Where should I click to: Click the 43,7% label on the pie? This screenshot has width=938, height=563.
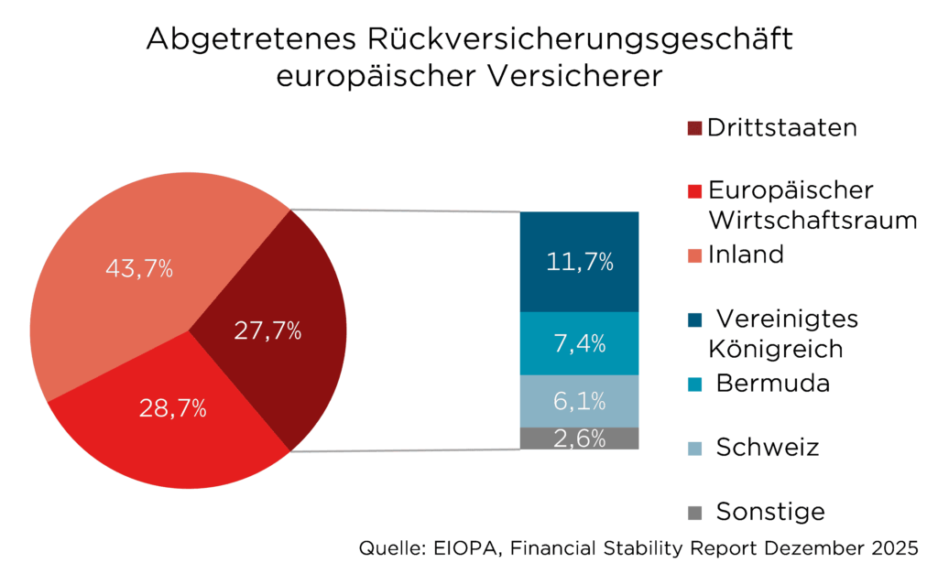tap(134, 269)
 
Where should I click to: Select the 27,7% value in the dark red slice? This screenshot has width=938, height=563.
tap(267, 331)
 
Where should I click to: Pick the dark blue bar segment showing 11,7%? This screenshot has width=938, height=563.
tap(579, 262)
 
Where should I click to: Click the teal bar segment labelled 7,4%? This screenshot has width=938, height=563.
tap(579, 344)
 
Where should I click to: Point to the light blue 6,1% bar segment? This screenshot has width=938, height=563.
tap(579, 401)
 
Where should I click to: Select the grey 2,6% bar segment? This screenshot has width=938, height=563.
tap(579, 438)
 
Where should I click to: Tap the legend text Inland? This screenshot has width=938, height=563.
tap(746, 254)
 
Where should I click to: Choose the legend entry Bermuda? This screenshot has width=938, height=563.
tap(772, 383)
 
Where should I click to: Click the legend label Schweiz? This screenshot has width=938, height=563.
tap(767, 447)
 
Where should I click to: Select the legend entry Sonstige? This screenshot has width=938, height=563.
tap(770, 511)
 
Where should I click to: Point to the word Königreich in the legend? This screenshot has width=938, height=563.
tap(763, 349)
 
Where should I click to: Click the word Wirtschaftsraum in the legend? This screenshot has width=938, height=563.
tap(813, 221)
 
